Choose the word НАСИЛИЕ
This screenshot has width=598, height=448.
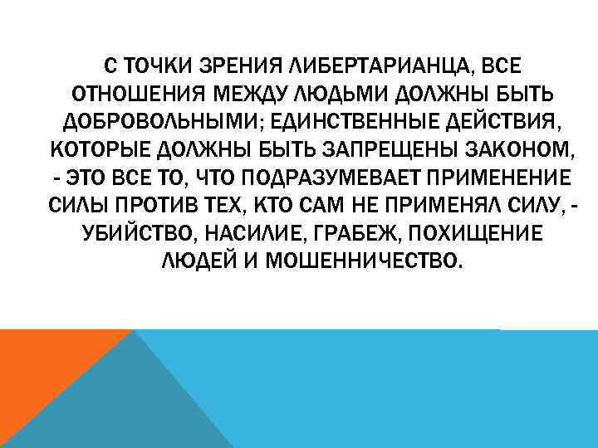point(247,235)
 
